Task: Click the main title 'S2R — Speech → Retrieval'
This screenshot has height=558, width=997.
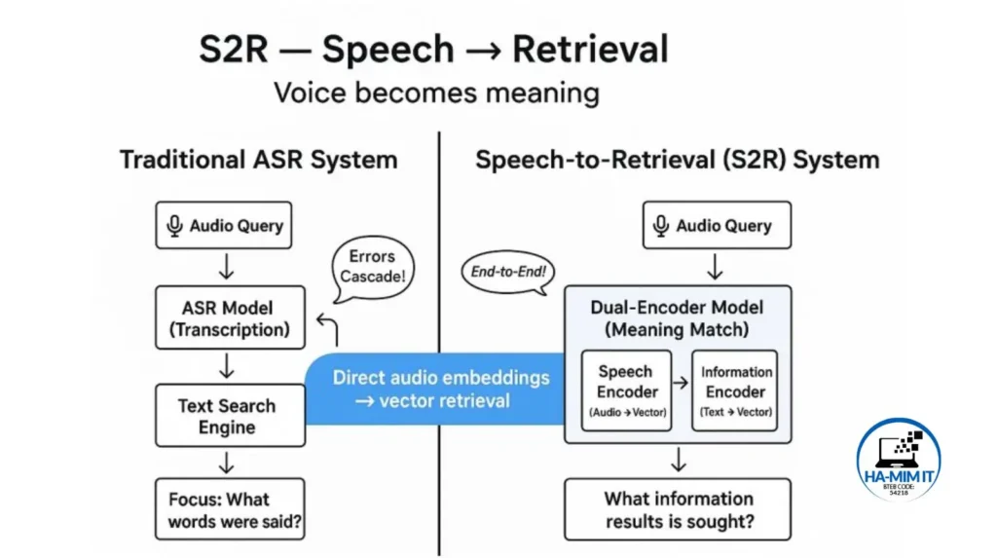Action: tap(433, 49)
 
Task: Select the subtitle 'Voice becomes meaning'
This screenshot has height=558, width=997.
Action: tap(435, 93)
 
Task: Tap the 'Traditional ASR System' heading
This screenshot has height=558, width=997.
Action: tap(258, 160)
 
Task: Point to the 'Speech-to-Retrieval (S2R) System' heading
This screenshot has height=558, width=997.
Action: tap(677, 160)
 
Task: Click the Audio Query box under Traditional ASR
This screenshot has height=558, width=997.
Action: tap(223, 226)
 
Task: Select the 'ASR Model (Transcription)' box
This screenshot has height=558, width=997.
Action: tap(230, 318)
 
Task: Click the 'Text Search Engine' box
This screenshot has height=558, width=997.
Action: tap(230, 416)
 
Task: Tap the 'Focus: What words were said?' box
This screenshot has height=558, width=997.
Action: tap(230, 509)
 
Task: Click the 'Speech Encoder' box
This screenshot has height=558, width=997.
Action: tap(627, 391)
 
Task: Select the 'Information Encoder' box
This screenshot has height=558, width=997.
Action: tap(735, 391)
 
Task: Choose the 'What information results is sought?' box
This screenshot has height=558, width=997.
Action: tap(679, 509)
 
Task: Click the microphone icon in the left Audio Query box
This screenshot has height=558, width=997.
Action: tap(175, 226)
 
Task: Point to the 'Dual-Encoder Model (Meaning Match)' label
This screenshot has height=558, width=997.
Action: tap(677, 318)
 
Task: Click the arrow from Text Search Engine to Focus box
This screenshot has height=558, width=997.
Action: tap(227, 463)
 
